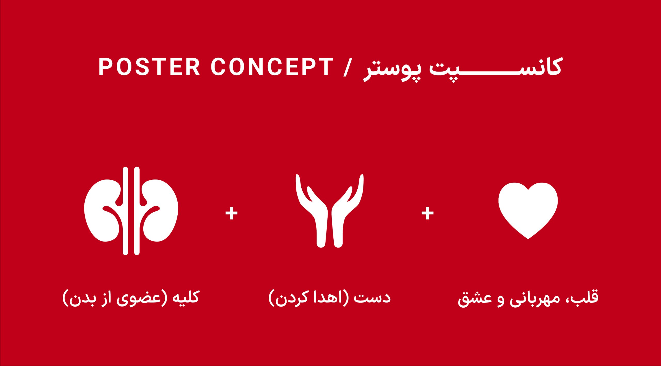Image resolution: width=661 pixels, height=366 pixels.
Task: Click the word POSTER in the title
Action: tap(149, 66)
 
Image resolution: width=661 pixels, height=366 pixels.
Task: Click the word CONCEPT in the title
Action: tap(272, 66)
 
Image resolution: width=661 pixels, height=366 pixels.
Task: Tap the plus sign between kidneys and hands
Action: tap(231, 213)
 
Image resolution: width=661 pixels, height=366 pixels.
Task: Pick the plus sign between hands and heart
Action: tap(428, 213)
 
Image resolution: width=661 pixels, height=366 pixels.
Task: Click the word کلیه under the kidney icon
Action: tap(183, 297)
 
